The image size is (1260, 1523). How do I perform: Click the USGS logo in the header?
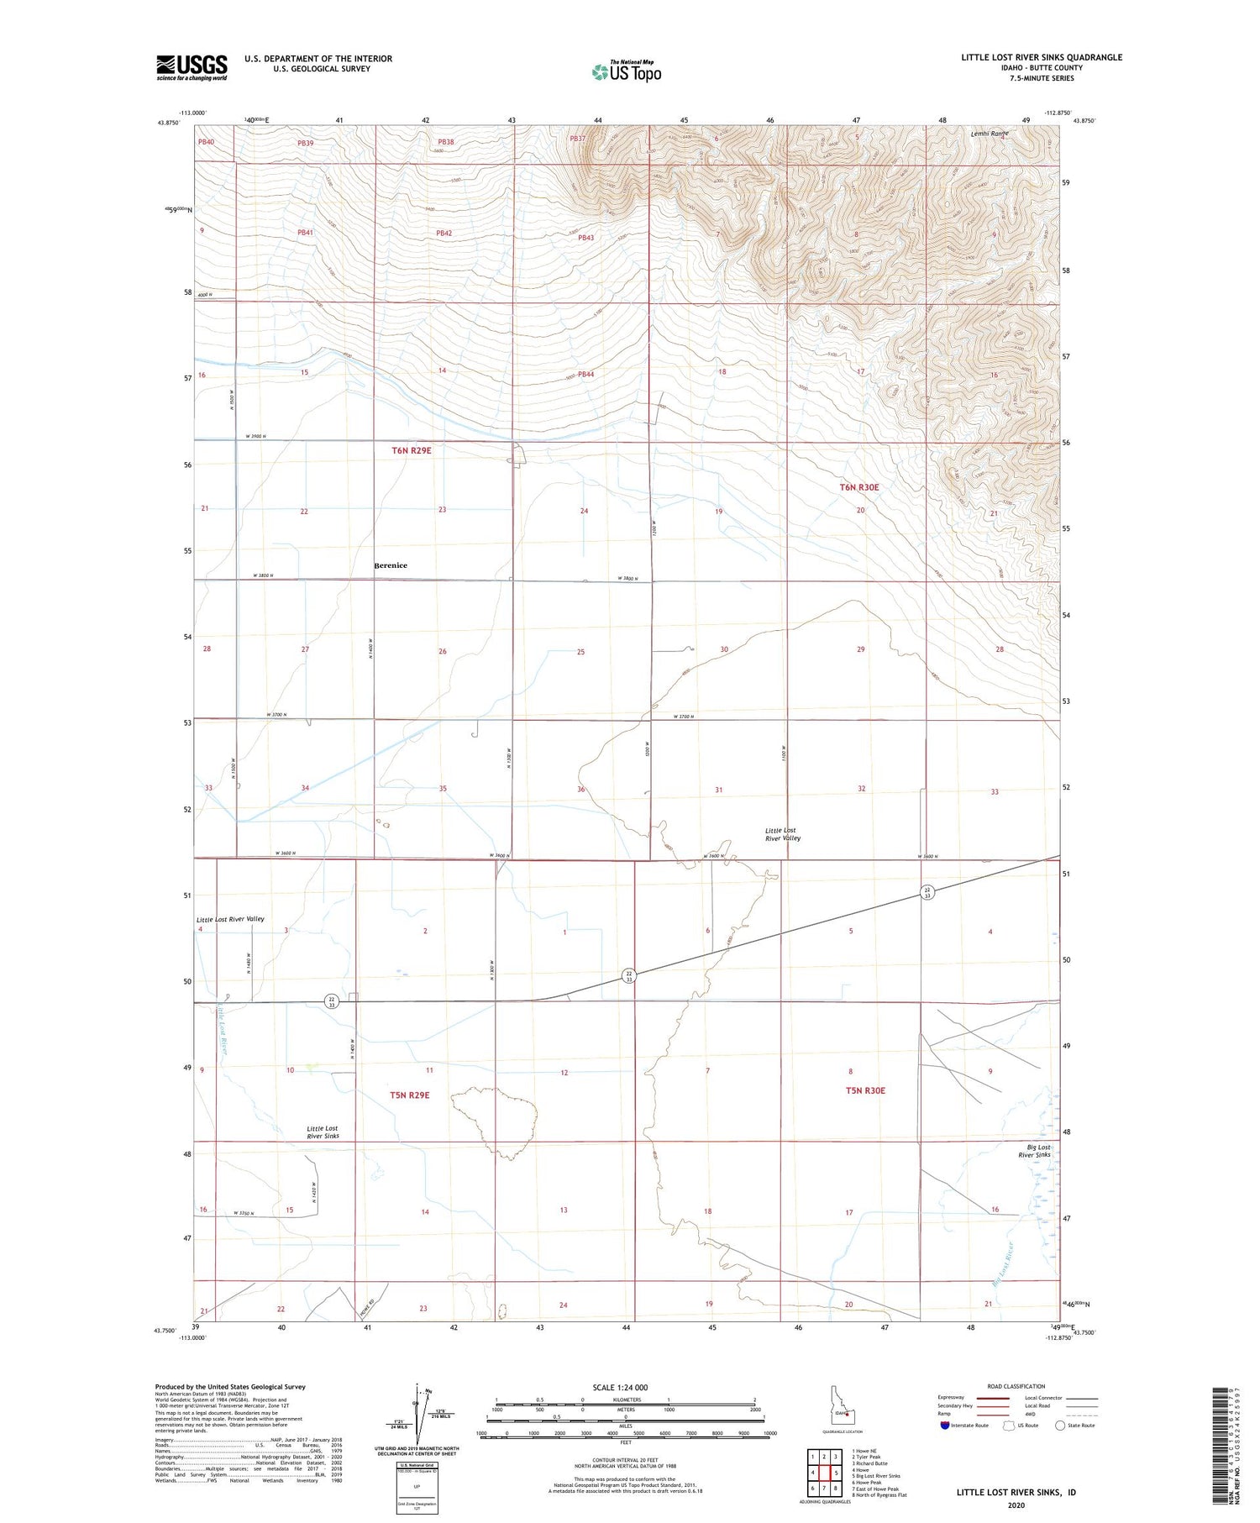(192, 67)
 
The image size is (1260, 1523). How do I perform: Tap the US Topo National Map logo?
(627, 71)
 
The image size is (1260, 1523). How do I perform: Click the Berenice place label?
(391, 565)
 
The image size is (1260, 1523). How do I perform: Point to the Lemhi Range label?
(989, 134)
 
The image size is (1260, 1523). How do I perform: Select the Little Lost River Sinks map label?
(323, 1132)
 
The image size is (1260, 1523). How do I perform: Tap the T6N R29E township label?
(412, 450)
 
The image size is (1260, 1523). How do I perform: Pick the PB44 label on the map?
(585, 375)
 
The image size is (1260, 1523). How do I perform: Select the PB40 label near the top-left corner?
(206, 142)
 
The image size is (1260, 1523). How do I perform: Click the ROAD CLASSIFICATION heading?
(1016, 1386)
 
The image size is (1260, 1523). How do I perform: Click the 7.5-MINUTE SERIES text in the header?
(1042, 78)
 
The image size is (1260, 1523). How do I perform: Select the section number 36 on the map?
(580, 790)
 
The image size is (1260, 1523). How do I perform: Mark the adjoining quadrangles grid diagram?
(824, 1473)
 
